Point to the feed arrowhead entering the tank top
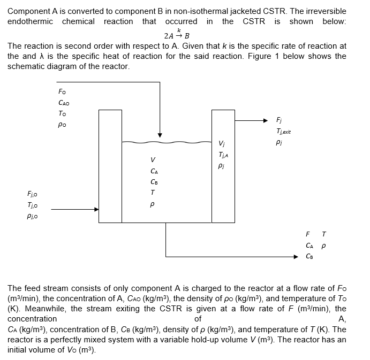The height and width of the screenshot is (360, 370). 160,134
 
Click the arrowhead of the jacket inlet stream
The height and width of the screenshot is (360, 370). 96,210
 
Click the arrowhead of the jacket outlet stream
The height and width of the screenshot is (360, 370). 271,120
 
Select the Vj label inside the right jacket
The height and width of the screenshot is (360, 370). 222,143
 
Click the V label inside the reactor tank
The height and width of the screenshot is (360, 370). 153,159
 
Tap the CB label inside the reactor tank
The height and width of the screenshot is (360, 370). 153,181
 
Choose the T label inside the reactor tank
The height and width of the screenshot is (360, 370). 153,193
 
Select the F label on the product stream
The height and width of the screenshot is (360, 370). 308,234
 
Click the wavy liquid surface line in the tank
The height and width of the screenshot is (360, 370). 167,142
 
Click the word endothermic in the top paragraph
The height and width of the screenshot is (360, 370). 31,21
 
